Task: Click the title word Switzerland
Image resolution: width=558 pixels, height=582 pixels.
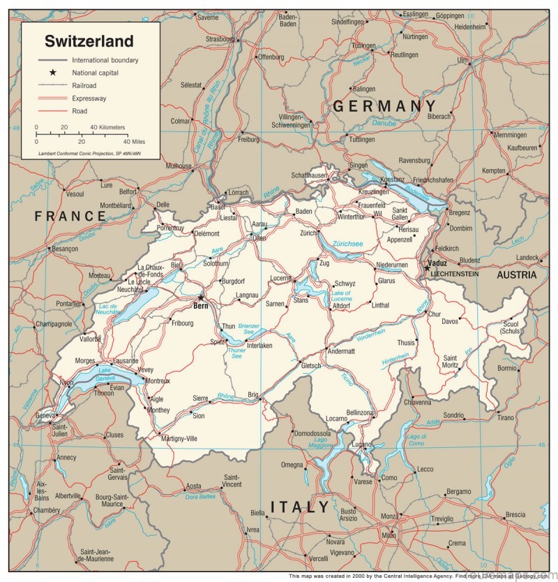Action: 89,41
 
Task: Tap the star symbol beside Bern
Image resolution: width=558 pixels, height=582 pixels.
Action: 202,297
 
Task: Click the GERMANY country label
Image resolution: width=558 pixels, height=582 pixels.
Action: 389,106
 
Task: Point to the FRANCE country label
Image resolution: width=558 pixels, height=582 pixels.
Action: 70,216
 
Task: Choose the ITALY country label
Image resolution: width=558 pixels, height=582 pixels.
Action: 300,507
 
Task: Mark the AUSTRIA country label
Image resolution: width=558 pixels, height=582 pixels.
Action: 517,275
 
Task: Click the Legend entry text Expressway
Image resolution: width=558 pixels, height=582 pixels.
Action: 89,99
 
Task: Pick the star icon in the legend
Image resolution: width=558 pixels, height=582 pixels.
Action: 52,73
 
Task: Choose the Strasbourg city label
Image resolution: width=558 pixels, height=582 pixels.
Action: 220,39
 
